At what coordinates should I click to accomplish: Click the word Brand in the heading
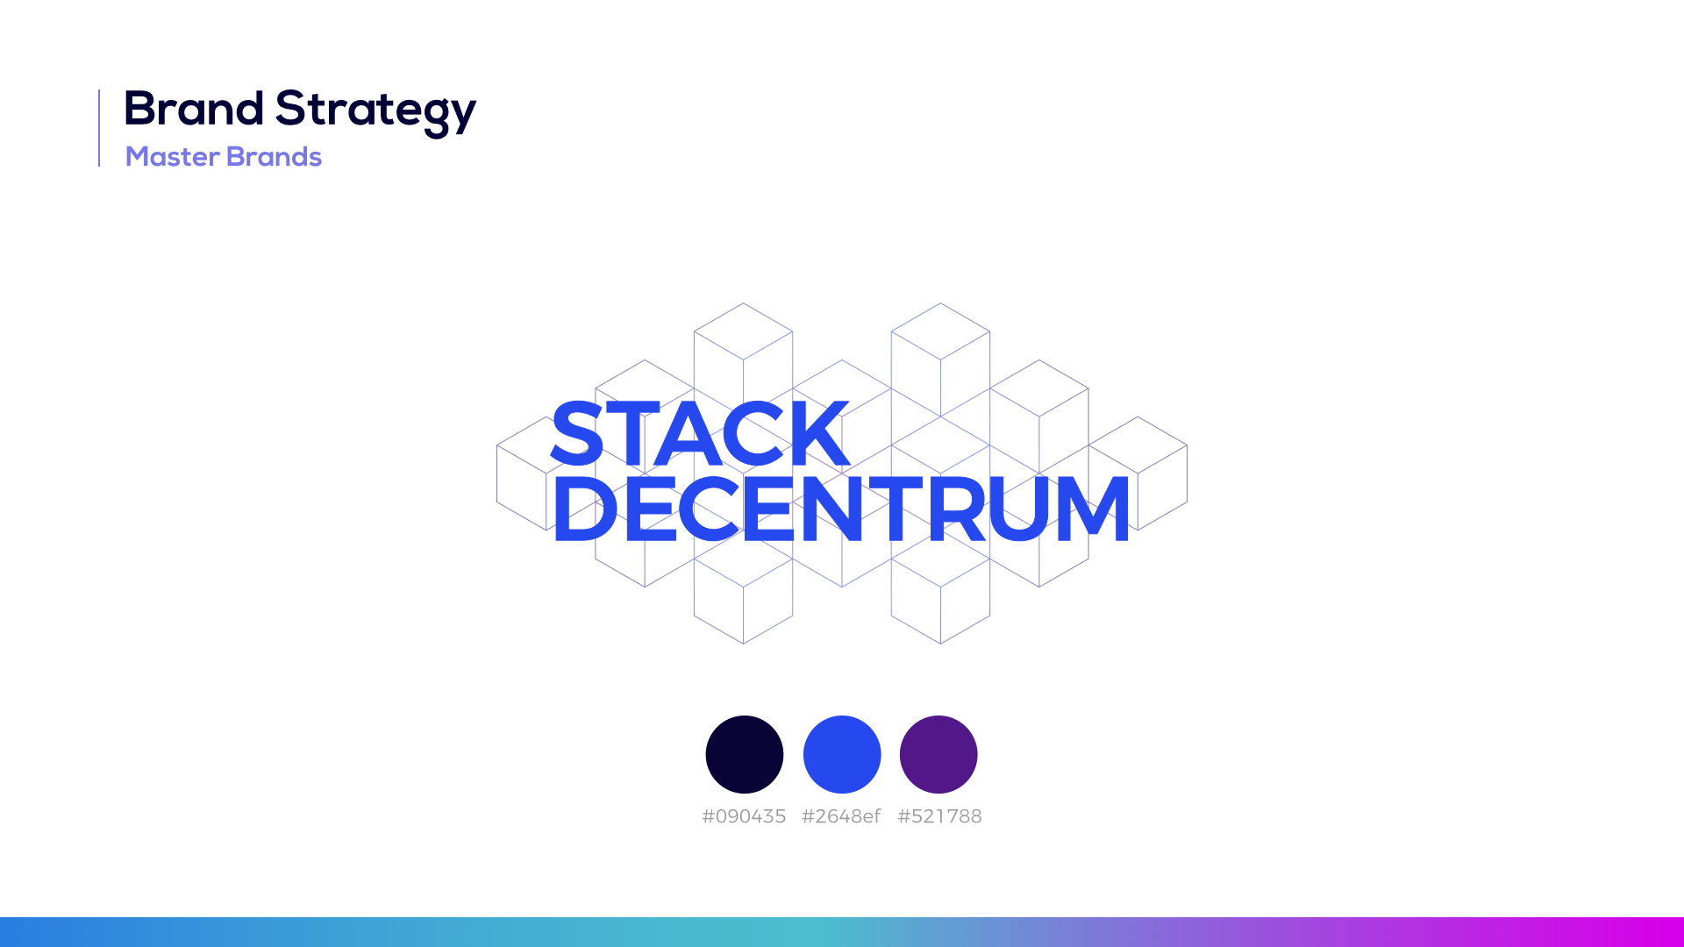click(194, 109)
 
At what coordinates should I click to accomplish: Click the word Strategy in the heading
click(375, 112)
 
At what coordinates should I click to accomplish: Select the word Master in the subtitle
click(173, 156)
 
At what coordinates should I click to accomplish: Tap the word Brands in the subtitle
click(274, 156)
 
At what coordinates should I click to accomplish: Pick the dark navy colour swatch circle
click(745, 754)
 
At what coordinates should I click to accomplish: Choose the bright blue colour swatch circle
click(842, 754)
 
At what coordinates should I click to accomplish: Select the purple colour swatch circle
click(938, 754)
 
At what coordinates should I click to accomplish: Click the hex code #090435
click(744, 816)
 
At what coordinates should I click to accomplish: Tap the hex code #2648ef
click(841, 816)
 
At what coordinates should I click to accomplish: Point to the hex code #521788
click(939, 816)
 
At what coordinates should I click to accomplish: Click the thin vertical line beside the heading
click(99, 128)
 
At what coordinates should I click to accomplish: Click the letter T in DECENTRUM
click(896, 509)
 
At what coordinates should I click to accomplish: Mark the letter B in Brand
click(140, 110)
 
